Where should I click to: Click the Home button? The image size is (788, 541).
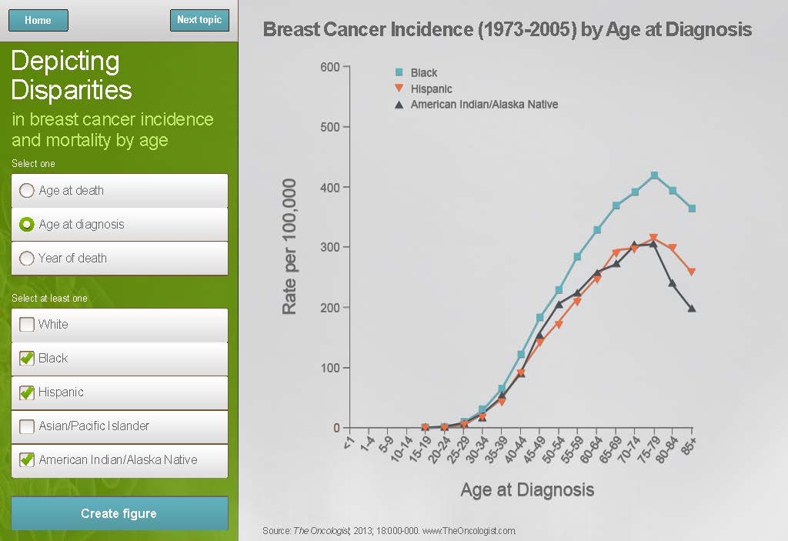point(38,21)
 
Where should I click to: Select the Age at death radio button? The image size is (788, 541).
point(27,191)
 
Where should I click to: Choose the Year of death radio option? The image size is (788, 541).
point(27,259)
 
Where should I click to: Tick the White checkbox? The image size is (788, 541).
point(27,325)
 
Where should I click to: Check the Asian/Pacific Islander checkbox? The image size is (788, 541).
point(27,426)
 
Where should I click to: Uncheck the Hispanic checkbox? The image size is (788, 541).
point(27,392)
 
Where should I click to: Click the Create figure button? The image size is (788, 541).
point(119,513)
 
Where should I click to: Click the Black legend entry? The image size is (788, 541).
point(423,73)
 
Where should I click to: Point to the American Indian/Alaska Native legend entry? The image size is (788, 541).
point(483,105)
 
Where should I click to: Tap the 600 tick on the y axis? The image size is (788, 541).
point(329,67)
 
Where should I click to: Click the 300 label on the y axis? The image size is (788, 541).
point(329,248)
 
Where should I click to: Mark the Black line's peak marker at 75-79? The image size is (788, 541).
point(654,175)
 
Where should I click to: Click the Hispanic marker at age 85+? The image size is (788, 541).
point(692,272)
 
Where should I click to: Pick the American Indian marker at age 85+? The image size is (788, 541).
point(692,309)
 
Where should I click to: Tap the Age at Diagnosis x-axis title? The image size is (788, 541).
point(527,489)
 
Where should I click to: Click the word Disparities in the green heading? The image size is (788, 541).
point(72,90)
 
